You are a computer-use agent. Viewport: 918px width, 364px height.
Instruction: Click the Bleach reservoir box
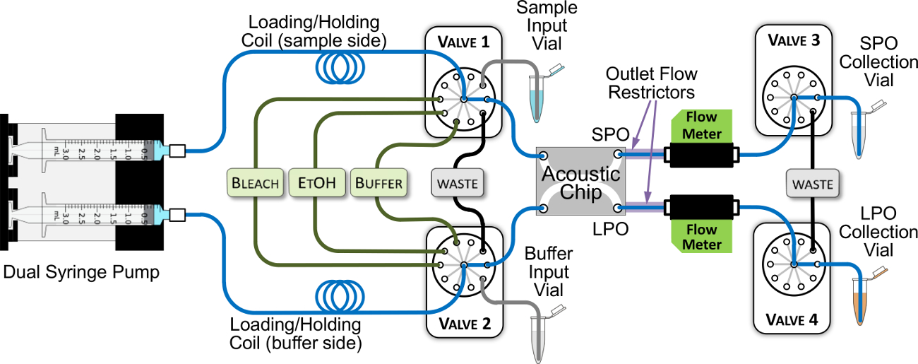coord(255,183)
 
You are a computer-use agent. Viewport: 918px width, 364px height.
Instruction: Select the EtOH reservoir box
coord(316,183)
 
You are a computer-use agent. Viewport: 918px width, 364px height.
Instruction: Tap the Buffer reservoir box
coord(379,183)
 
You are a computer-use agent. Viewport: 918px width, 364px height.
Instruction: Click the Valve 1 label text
coord(463,42)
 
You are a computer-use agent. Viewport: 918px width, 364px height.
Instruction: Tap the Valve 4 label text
coord(794,319)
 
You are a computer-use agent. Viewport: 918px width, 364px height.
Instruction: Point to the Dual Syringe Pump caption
coord(82,271)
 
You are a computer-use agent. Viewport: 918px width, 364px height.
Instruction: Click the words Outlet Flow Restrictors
coord(652,83)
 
